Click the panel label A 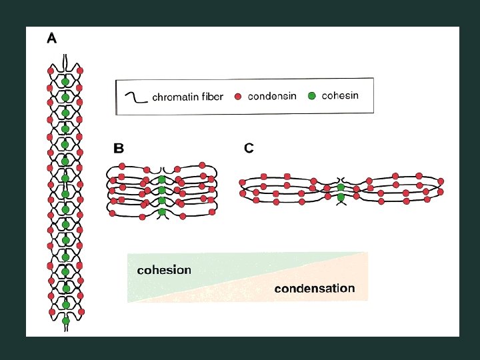[x=51, y=39]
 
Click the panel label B [x=119, y=149]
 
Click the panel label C [x=249, y=149]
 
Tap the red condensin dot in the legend [x=238, y=97]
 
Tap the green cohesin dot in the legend [x=311, y=96]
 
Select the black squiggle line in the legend [x=136, y=97]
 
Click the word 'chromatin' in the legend [x=175, y=97]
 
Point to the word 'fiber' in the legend [x=211, y=97]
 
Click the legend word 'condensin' [x=273, y=97]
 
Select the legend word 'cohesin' [x=340, y=95]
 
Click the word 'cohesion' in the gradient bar [x=163, y=270]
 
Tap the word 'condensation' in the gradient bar [x=315, y=289]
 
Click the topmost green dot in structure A [x=65, y=82]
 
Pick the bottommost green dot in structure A [x=65, y=321]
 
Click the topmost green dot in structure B [x=162, y=180]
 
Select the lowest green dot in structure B [x=162, y=212]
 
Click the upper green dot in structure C [x=341, y=188]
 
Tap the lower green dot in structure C [x=341, y=197]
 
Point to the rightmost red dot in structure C [x=441, y=181]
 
